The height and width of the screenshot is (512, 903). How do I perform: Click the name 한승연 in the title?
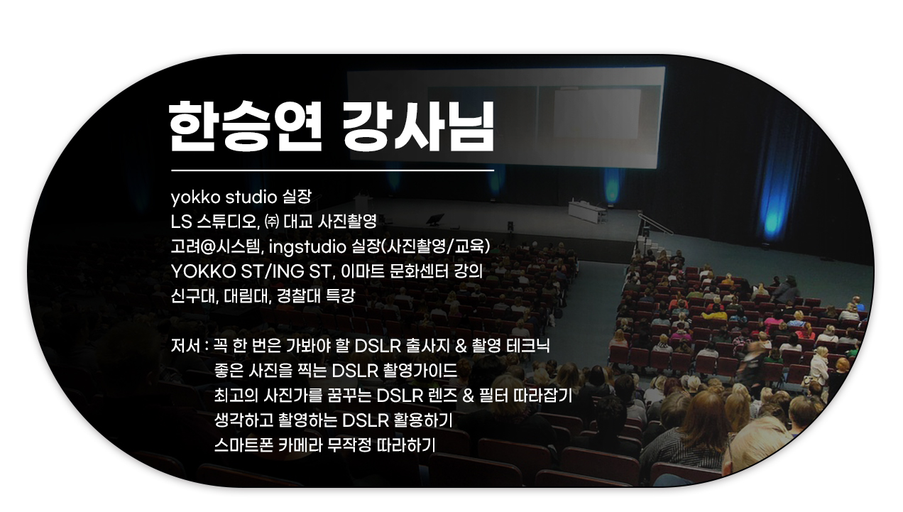tap(245, 126)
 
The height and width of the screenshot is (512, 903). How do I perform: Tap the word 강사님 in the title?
tap(417, 126)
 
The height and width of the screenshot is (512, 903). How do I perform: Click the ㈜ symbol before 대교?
tap(272, 222)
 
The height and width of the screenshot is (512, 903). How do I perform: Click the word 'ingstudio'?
tap(307, 246)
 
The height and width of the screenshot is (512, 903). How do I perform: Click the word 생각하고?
tap(243, 420)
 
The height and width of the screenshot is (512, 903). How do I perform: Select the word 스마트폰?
tap(243, 445)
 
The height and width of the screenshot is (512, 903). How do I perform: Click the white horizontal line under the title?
tap(332, 170)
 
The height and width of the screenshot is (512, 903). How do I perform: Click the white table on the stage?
tap(587, 212)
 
